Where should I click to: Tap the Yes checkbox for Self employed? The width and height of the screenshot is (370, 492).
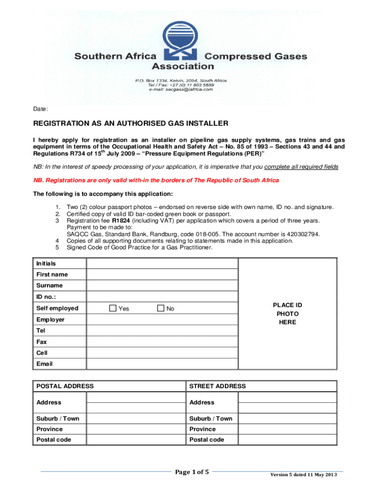pyautogui.click(x=112, y=308)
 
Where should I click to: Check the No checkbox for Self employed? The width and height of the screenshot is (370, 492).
pyautogui.click(x=160, y=308)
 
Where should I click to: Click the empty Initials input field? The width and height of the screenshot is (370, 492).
pyautogui.click(x=162, y=263)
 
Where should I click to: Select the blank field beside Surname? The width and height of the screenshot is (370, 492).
pyautogui.click(x=162, y=285)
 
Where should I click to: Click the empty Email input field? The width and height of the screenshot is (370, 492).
pyautogui.click(x=162, y=364)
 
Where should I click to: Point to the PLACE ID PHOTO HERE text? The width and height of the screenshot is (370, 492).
pyautogui.click(x=287, y=314)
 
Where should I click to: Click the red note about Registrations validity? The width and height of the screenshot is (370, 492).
pyautogui.click(x=156, y=180)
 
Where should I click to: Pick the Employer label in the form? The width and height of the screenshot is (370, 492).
pyautogui.click(x=50, y=320)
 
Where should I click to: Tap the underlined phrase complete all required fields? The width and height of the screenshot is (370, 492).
pyautogui.click(x=301, y=167)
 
